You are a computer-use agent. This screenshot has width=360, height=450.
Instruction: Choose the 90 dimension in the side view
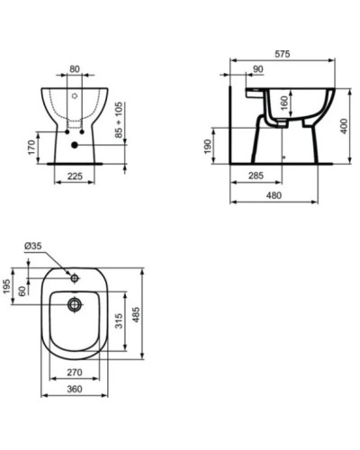[x=258, y=70]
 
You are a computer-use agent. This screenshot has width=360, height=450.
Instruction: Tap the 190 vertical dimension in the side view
[x=209, y=145]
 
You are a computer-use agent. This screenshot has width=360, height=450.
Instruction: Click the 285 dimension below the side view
[x=256, y=177]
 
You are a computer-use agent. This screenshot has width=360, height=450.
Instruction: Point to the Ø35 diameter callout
[x=35, y=247]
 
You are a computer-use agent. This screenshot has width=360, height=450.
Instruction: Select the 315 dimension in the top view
[x=118, y=321]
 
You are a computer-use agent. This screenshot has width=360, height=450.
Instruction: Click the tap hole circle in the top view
[x=75, y=277]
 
